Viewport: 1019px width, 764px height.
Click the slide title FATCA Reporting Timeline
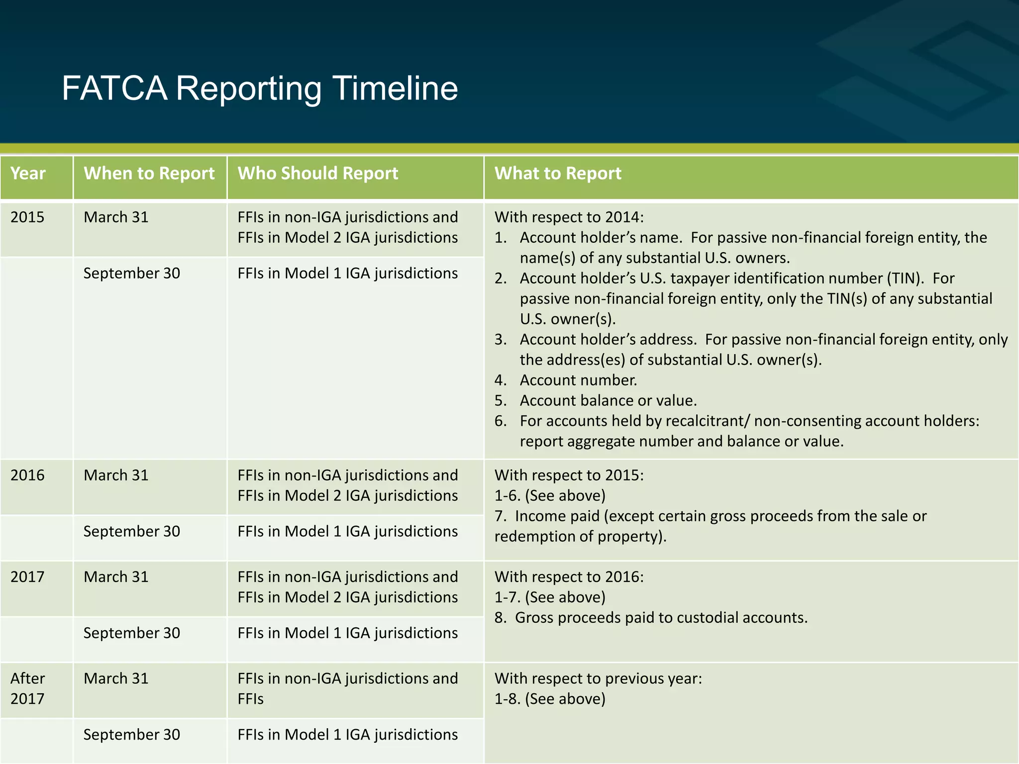click(260, 89)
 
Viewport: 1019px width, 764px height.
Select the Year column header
click(28, 174)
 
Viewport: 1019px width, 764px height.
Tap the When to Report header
click(149, 174)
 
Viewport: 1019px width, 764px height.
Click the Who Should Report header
click(317, 174)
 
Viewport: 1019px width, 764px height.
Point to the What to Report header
click(557, 174)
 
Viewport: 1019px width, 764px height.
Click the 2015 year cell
click(27, 217)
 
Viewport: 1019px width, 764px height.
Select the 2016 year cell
click(27, 476)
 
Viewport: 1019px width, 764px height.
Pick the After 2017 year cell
click(27, 688)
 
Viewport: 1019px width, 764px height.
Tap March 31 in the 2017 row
click(116, 577)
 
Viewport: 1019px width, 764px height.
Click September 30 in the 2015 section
click(131, 274)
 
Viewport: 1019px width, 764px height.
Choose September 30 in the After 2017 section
click(131, 735)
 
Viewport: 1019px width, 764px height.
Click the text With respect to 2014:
click(569, 217)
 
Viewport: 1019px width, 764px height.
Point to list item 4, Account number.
click(578, 381)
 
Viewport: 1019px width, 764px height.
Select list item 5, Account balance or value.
click(608, 401)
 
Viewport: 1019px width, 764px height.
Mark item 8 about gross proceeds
click(651, 618)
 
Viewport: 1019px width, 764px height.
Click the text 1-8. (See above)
click(550, 699)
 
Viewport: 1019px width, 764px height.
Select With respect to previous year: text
click(598, 678)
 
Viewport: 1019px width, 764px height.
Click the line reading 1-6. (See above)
click(550, 496)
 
